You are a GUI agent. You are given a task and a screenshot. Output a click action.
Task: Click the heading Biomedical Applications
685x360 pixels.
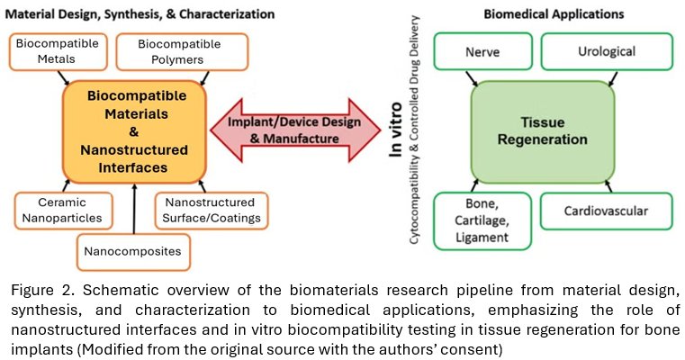click(554, 14)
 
